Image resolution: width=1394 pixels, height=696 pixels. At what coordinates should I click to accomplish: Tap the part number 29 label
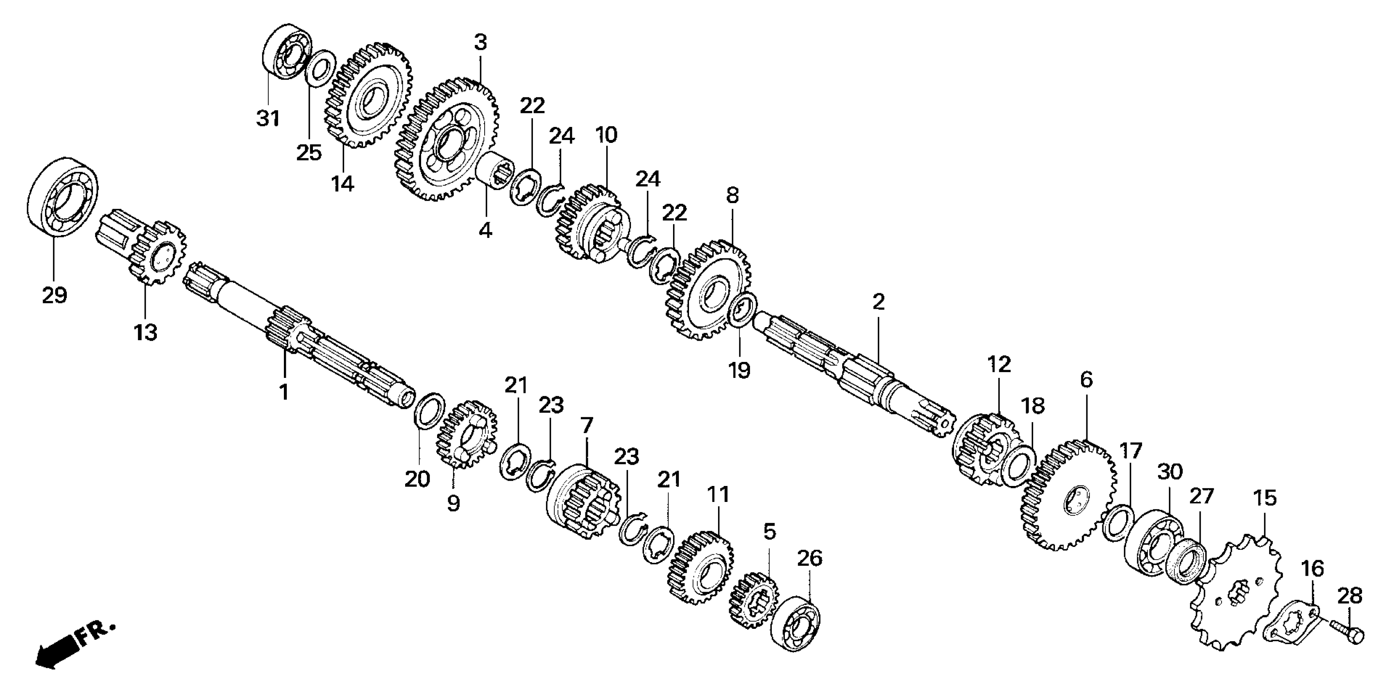click(x=54, y=295)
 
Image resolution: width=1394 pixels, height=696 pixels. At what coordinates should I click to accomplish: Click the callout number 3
click(x=481, y=42)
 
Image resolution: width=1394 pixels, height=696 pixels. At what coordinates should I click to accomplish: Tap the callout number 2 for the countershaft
click(x=878, y=302)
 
